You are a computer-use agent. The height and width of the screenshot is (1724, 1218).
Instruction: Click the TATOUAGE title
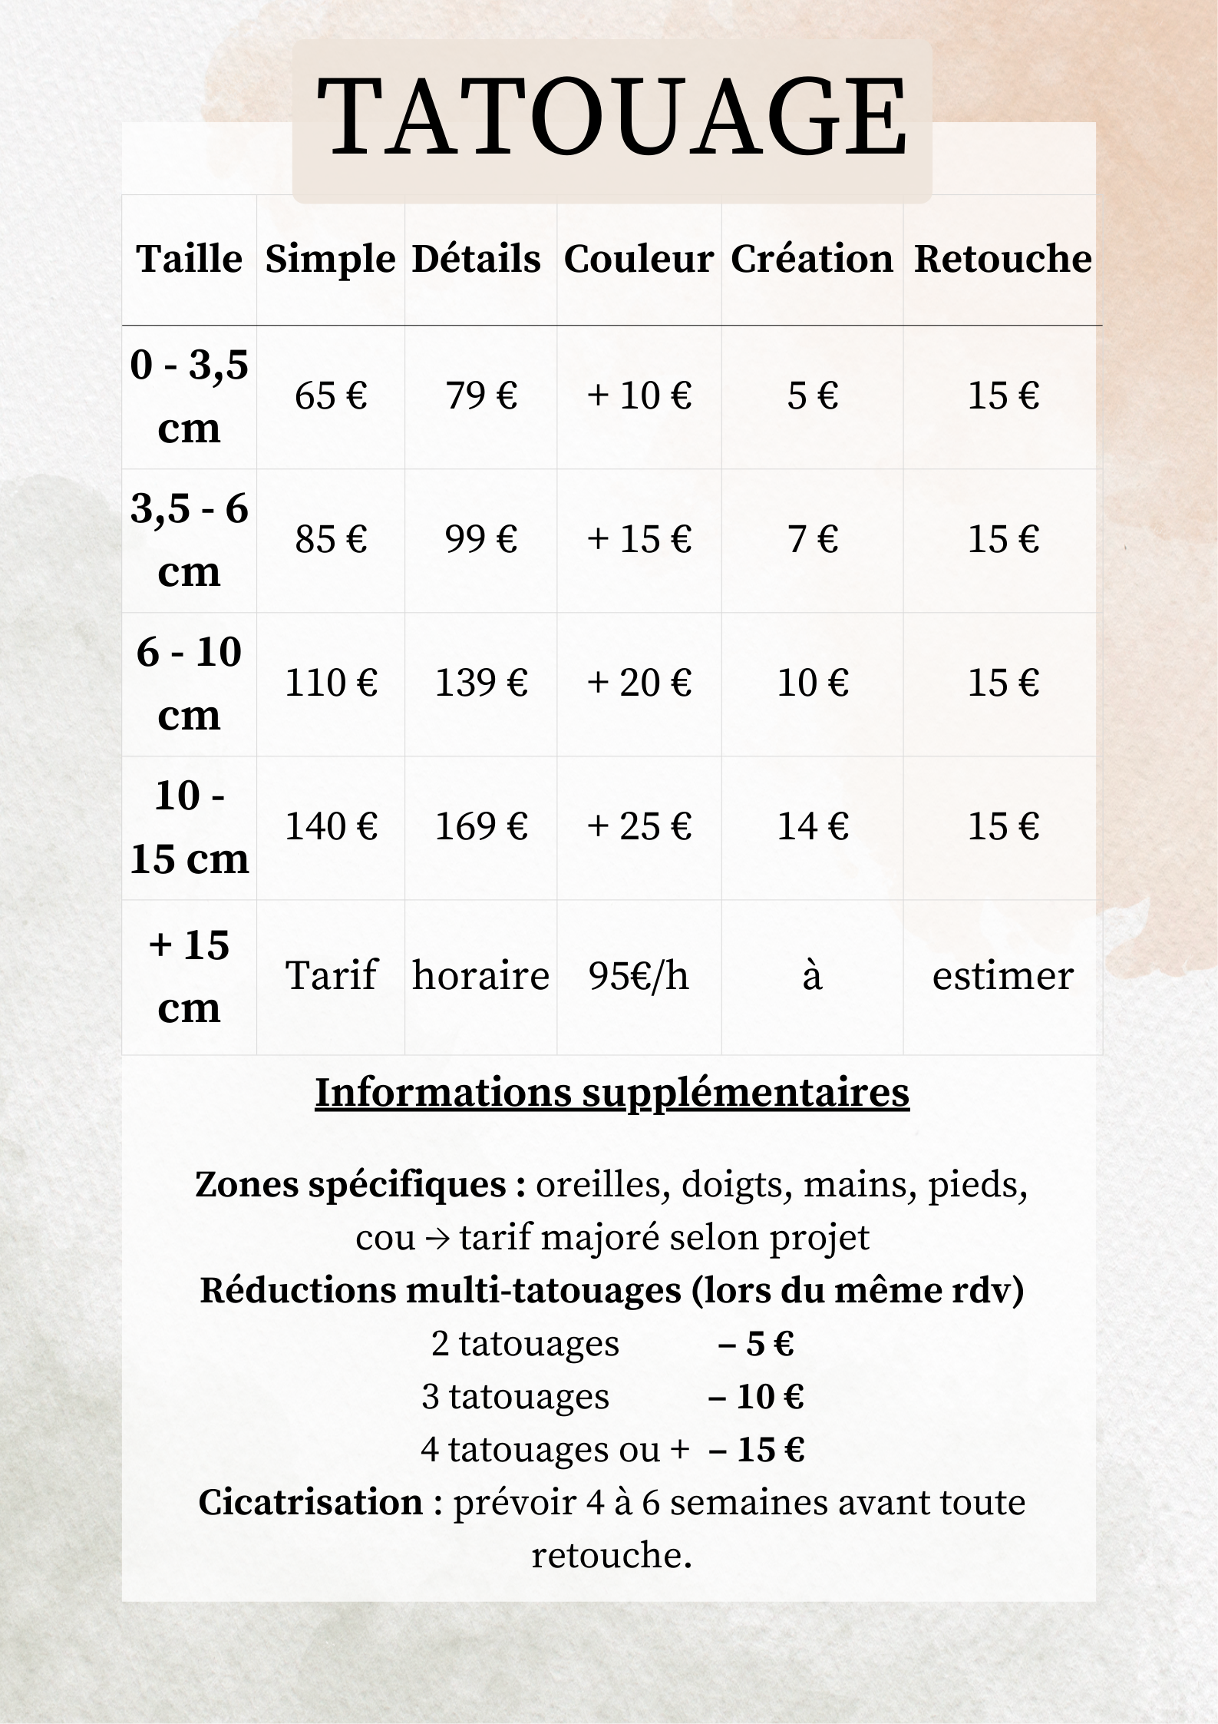(x=612, y=117)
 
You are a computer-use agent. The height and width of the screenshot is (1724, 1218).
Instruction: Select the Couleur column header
(x=639, y=259)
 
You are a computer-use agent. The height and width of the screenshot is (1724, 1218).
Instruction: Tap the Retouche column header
(x=1002, y=259)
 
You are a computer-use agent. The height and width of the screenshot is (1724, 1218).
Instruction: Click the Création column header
(x=812, y=259)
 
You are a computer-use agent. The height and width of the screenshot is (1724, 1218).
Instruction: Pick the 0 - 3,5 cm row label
(x=189, y=396)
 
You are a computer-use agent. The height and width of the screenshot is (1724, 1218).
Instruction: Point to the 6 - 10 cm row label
(x=189, y=683)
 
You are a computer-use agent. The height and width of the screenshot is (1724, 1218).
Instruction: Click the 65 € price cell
(x=331, y=396)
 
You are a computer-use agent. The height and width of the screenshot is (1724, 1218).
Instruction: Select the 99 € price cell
(x=481, y=539)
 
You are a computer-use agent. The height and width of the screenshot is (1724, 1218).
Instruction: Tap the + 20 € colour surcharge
(x=639, y=683)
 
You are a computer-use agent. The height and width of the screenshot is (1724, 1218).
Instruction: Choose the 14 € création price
(x=812, y=827)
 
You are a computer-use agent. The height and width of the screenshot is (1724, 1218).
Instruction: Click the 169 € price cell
(x=481, y=827)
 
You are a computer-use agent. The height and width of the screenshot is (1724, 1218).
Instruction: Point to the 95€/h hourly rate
(x=639, y=976)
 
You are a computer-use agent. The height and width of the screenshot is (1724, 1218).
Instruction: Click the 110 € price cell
(x=331, y=683)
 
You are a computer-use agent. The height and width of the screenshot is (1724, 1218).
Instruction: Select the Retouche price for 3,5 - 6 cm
(x=1002, y=539)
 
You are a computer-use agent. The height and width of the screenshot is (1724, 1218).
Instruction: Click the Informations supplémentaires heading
(x=612, y=1093)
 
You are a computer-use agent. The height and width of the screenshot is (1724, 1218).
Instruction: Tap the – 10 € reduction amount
(x=755, y=1397)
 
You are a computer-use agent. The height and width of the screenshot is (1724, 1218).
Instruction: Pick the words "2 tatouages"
(x=525, y=1344)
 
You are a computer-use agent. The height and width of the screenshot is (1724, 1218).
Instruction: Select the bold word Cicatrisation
(x=311, y=1503)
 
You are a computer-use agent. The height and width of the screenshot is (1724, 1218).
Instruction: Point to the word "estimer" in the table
(x=1002, y=976)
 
